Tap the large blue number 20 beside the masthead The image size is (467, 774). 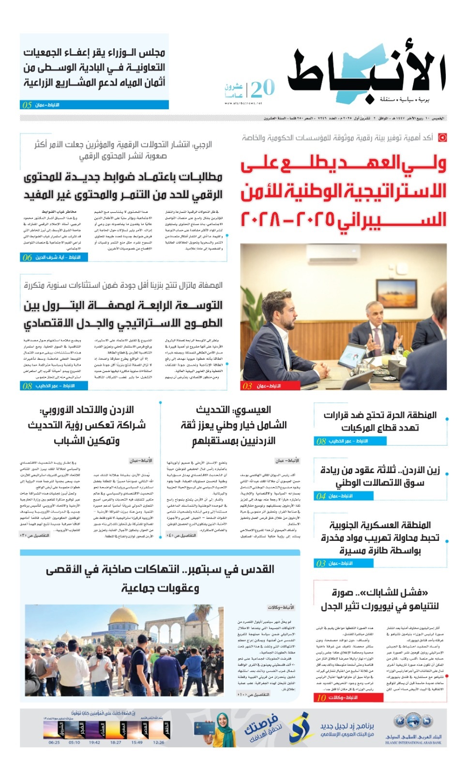point(263,89)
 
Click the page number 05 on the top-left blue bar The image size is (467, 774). point(27,105)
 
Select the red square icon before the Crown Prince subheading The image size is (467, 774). point(442,138)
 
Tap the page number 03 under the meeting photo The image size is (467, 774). point(247,386)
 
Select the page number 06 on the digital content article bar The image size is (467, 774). point(27,257)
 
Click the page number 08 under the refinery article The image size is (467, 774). point(27,386)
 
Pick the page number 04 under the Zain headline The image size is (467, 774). point(321,496)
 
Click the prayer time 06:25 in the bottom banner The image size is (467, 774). point(54,742)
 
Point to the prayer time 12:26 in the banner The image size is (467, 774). point(158,742)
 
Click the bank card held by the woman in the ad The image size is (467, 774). point(203,728)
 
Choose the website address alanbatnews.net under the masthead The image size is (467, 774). point(243,103)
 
